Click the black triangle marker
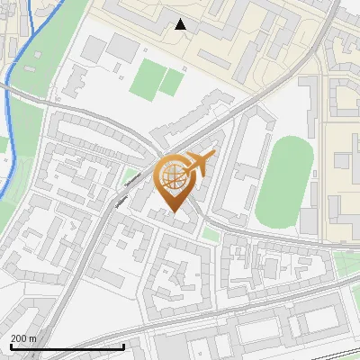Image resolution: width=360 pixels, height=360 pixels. [181, 24]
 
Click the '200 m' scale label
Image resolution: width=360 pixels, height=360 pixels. [23, 337]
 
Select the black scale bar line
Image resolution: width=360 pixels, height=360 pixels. [67, 346]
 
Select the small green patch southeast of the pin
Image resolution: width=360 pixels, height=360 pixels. [211, 234]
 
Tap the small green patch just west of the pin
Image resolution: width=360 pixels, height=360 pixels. [132, 175]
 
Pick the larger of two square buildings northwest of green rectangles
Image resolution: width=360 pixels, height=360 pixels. [121, 45]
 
